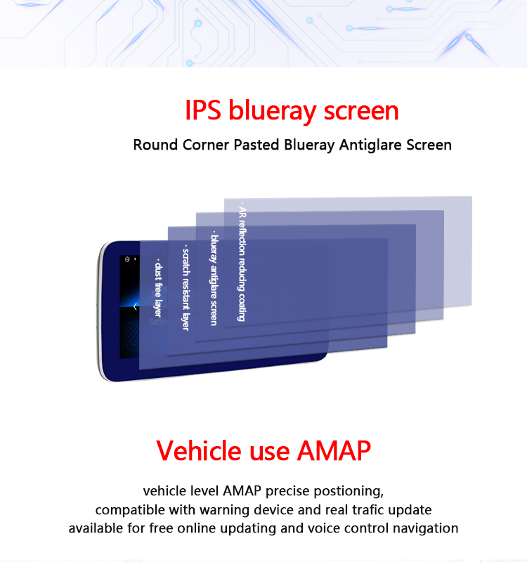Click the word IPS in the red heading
pos(203,110)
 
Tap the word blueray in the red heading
pos(273,111)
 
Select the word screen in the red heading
pos(361,111)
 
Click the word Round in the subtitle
pos(155,145)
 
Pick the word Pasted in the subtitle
pos(256,145)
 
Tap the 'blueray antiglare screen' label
pos(214,278)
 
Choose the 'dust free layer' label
pos(158,288)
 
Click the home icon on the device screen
pos(127,259)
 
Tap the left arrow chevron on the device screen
pos(135,306)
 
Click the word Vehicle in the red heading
pos(198,450)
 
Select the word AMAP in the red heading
pos(334,450)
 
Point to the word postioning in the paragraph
pos(349,491)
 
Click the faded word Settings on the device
pos(162,322)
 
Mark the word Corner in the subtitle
pos(206,145)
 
